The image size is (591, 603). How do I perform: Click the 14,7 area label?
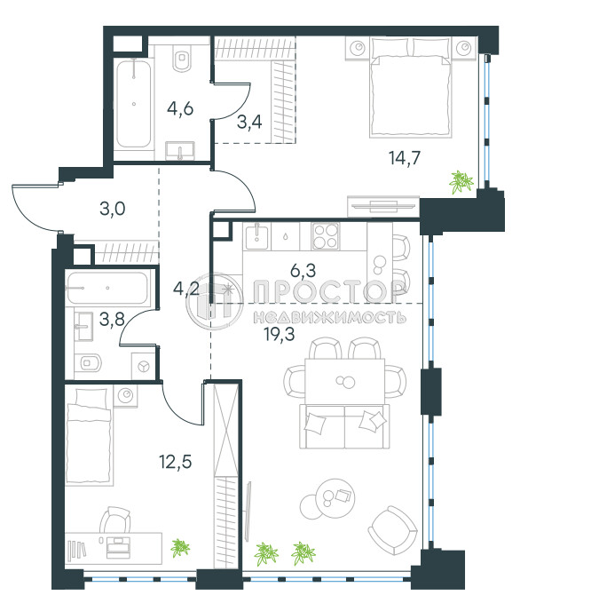pyautogui.click(x=405, y=158)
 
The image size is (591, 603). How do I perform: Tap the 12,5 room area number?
pyautogui.click(x=176, y=462)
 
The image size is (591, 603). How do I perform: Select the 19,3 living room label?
pyautogui.click(x=280, y=334)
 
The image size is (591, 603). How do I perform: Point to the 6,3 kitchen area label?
pyautogui.click(x=303, y=270)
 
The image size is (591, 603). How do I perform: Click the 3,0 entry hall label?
pyautogui.click(x=112, y=209)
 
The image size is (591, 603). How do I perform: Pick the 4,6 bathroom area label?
pyautogui.click(x=180, y=109)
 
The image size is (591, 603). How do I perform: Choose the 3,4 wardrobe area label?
pyautogui.click(x=249, y=123)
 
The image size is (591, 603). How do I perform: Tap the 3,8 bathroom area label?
pyautogui.click(x=112, y=319)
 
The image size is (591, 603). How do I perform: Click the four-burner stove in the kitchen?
pyautogui.click(x=326, y=236)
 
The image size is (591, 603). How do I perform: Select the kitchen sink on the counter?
pyautogui.click(x=256, y=236)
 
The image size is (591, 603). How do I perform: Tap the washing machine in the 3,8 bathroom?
pyautogui.click(x=144, y=367)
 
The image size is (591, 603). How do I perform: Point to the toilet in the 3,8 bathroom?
pyautogui.click(x=89, y=362)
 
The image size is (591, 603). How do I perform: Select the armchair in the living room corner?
pyautogui.click(x=393, y=530)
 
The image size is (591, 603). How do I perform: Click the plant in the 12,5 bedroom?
pyautogui.click(x=180, y=547)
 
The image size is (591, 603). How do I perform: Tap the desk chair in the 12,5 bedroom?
pyautogui.click(x=115, y=520)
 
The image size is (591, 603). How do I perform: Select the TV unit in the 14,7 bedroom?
pyautogui.click(x=383, y=206)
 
